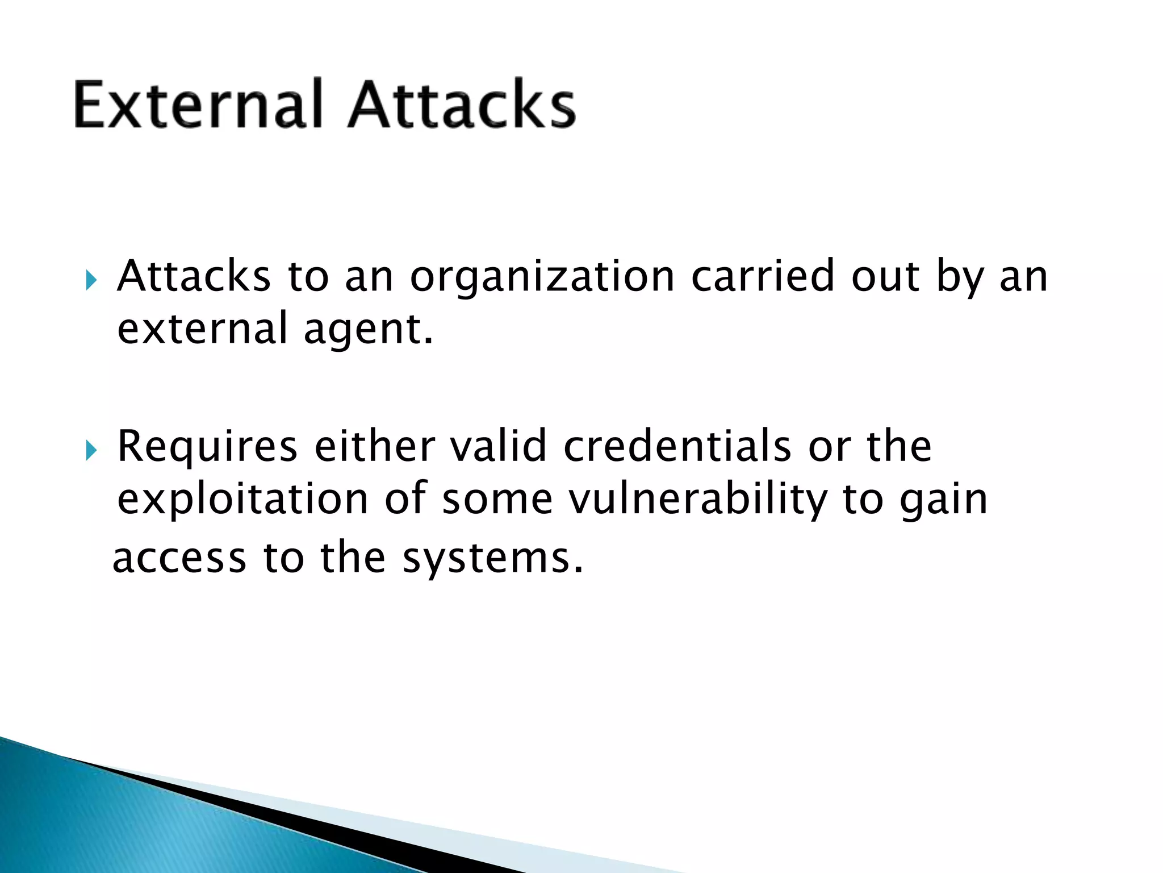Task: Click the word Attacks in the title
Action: [x=461, y=105]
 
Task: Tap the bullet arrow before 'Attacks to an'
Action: [x=91, y=280]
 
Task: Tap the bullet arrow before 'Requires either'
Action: [x=91, y=451]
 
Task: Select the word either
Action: [x=374, y=447]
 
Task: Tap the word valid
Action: [x=498, y=447]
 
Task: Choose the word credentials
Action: [x=677, y=447]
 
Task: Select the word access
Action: [x=179, y=559]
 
